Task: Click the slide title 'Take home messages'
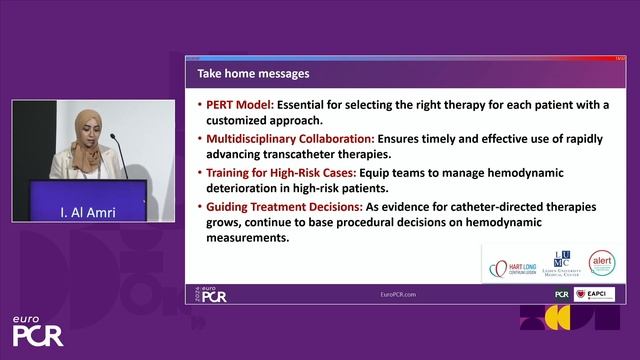click(253, 74)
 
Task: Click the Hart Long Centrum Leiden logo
click(514, 268)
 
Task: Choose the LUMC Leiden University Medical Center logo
click(561, 265)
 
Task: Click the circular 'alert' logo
click(601, 264)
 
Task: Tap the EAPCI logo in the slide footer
click(600, 295)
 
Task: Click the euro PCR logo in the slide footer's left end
click(212, 295)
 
